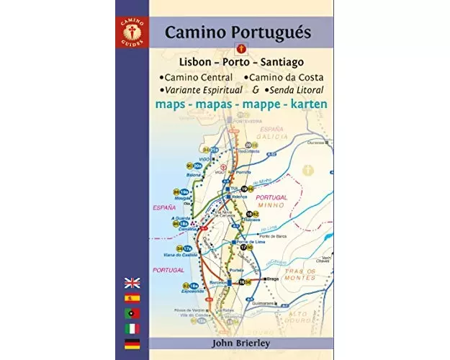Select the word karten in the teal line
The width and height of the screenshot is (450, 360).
306,104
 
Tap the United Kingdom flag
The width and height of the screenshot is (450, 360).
132,282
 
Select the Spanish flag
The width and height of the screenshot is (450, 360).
132,297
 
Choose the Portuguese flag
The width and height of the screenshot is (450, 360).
132,313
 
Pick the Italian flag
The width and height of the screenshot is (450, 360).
132,328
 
